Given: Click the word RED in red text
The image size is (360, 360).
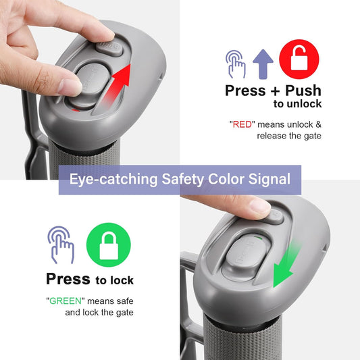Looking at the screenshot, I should point(241,124).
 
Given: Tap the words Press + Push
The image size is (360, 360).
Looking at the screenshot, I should point(273,91).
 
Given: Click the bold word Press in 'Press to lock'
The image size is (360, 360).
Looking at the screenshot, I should point(68,279).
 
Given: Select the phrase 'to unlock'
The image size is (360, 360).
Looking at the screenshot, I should point(297,104).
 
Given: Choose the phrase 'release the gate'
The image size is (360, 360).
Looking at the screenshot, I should point(289,136).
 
